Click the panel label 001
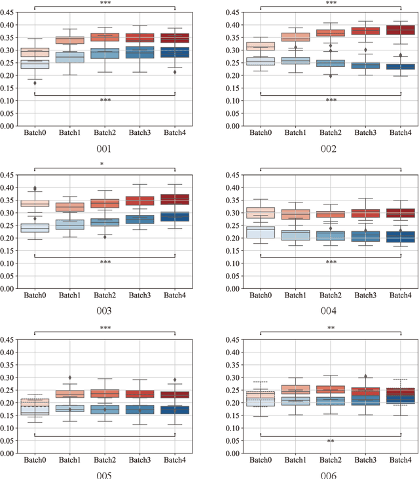tap(105, 149)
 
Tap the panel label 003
tap(105, 311)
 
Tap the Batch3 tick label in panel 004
tap(366, 296)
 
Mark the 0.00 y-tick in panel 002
tap(236, 126)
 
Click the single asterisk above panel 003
tap(105, 165)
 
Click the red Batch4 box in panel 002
tap(401, 29)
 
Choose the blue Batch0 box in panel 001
tap(34, 64)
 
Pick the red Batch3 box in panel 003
tap(140, 201)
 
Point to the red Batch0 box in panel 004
tap(260, 213)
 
